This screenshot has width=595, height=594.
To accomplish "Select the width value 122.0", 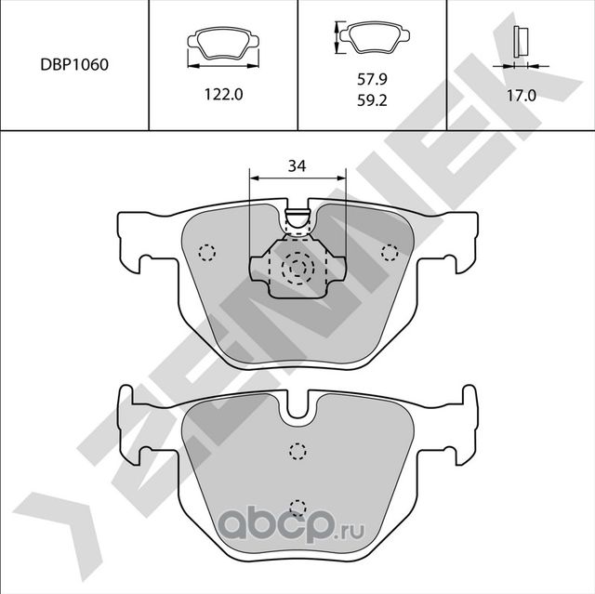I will pyautogui.click(x=222, y=95).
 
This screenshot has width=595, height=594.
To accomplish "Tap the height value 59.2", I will pyautogui.click(x=372, y=102).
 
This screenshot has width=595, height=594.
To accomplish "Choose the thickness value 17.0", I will pyautogui.click(x=521, y=95).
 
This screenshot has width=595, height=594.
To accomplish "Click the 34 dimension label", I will pyautogui.click(x=297, y=166).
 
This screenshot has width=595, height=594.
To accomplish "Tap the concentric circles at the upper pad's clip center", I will pyautogui.click(x=297, y=268).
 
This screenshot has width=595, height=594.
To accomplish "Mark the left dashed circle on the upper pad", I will pyautogui.click(x=206, y=251).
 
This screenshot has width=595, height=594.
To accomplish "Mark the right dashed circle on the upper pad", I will pyautogui.click(x=389, y=251).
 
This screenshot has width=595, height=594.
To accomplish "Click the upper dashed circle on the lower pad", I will pyautogui.click(x=297, y=452).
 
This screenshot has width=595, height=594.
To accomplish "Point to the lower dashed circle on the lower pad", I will pyautogui.click(x=297, y=507).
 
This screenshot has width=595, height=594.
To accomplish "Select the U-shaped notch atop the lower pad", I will pyautogui.click(x=297, y=406).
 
